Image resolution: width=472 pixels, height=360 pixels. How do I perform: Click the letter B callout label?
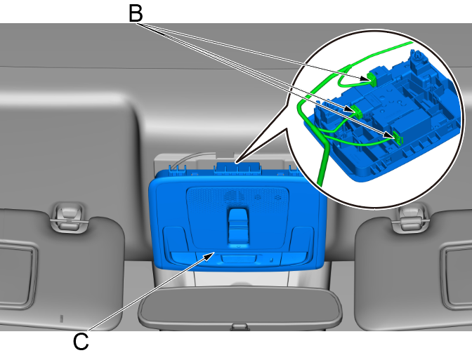pyautogui.click(x=136, y=13)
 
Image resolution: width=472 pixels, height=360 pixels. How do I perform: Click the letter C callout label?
pyautogui.click(x=81, y=341)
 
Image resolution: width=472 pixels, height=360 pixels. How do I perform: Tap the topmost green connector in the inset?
pyautogui.click(x=372, y=79)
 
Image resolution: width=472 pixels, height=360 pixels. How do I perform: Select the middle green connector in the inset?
pyautogui.click(x=357, y=111)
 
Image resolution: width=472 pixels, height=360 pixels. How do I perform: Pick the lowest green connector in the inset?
pyautogui.click(x=398, y=138)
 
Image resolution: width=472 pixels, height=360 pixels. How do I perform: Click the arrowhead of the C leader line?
pyautogui.click(x=209, y=256)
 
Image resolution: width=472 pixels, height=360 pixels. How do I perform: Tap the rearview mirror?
pyautogui.click(x=240, y=307)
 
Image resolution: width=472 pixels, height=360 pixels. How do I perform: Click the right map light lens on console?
pyautogui.click(x=302, y=239)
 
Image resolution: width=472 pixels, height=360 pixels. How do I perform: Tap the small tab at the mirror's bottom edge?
pyautogui.click(x=240, y=327)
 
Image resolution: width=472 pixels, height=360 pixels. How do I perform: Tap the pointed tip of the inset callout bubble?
pyautogui.click(x=236, y=163)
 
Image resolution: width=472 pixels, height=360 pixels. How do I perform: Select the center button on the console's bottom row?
pyautogui.click(x=239, y=259)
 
